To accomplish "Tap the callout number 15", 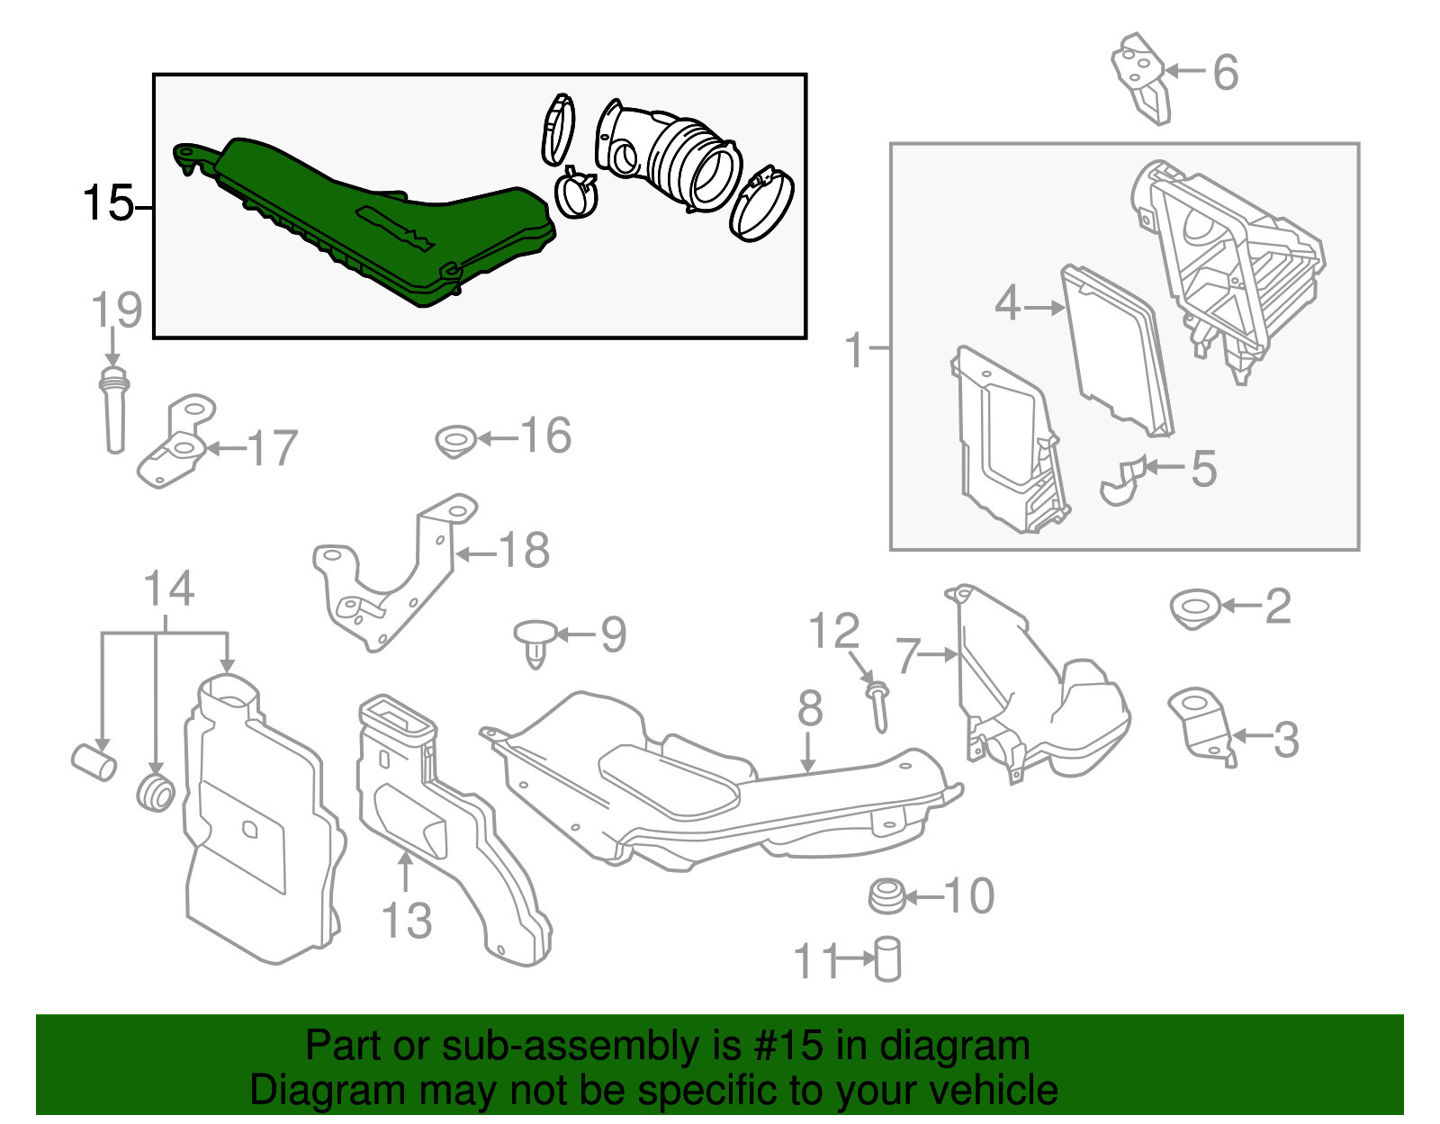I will pos(107,204).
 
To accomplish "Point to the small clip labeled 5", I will pos(1121,481).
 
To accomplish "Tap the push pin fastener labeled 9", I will pos(535,641).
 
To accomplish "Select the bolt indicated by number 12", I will pos(878,707).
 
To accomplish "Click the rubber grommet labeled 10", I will pos(886,897).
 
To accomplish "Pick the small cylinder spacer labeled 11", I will pos(887,959).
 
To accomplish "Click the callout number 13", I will pos(407,921).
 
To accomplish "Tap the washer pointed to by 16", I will pos(455,442).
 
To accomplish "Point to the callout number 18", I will pos(524,550).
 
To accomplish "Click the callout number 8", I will pos(809,708).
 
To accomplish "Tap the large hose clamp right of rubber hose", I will pos(761,202).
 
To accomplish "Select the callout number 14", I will pos(169,589).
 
